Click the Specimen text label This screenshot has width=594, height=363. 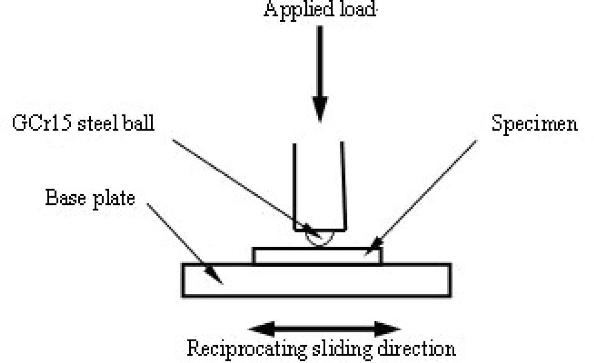coord(534,125)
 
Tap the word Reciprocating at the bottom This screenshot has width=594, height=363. coord(245,348)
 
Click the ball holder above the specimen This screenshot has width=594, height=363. coord(319,185)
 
